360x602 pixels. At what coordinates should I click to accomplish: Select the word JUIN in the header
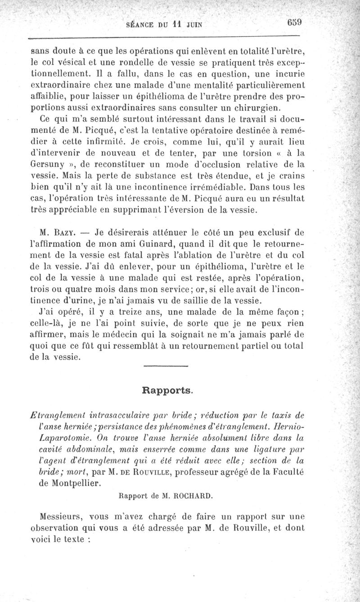click(x=192, y=25)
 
